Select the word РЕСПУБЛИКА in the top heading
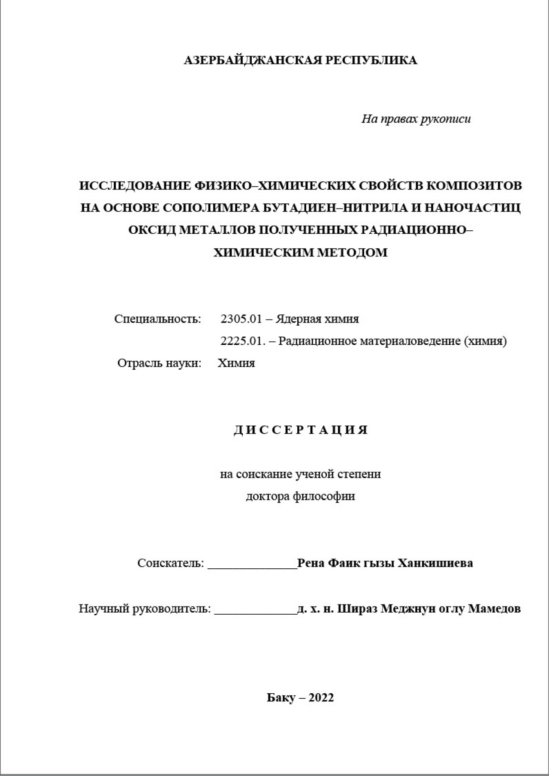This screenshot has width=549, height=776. [x=371, y=60]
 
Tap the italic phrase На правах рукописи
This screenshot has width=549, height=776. [x=416, y=119]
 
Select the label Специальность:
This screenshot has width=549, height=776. [x=157, y=319]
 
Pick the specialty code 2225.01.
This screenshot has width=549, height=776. [x=241, y=341]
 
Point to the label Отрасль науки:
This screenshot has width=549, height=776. [x=159, y=363]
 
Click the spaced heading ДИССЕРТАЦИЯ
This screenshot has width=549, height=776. [x=301, y=430]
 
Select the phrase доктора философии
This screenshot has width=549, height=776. [x=300, y=496]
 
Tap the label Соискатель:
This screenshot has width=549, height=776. [x=171, y=563]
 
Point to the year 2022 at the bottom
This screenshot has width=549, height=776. [x=321, y=698]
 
